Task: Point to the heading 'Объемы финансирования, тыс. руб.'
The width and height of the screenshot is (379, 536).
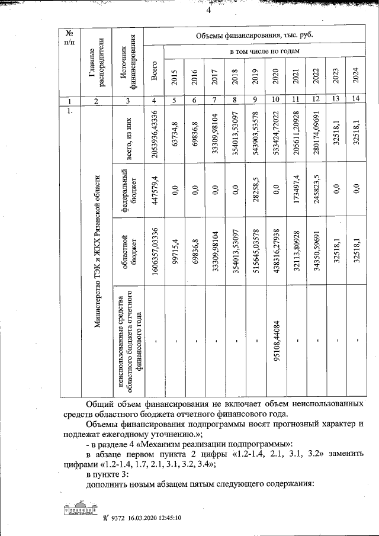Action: (x=255, y=36)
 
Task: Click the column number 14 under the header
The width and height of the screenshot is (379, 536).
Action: (x=355, y=99)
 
